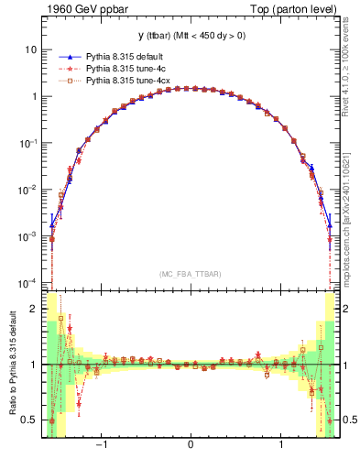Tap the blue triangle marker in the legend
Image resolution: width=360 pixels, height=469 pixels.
(67, 58)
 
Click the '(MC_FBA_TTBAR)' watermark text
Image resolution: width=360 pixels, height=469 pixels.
(190, 273)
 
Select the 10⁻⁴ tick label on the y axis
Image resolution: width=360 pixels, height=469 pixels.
(28, 283)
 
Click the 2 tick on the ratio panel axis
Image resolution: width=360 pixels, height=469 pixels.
(34, 309)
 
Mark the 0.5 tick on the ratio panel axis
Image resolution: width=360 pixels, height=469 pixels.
(30, 420)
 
